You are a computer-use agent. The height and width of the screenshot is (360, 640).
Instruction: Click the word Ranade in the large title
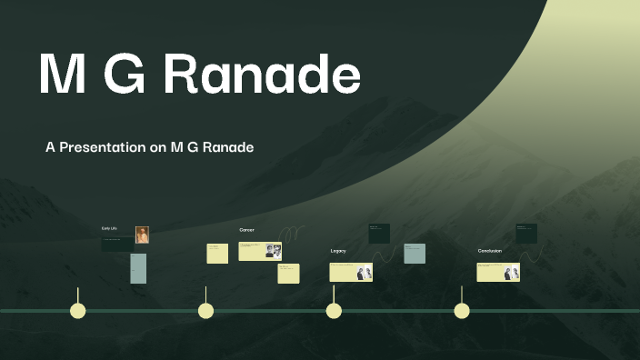coord(261,74)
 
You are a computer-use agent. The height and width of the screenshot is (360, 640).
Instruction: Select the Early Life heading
coord(110,227)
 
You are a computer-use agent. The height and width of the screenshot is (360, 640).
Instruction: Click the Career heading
coord(246,230)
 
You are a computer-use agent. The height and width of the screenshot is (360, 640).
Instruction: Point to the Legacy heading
coord(338,250)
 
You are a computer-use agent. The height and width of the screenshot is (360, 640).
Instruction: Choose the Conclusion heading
coord(490,250)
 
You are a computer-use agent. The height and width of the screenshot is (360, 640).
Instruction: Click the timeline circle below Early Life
coord(78,311)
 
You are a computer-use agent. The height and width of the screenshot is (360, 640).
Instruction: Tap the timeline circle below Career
coord(206,311)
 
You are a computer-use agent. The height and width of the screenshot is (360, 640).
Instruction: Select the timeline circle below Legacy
coord(334,311)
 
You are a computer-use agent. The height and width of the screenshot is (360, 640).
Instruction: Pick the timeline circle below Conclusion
coord(462,311)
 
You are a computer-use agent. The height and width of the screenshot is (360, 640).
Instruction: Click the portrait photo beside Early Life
coord(142,235)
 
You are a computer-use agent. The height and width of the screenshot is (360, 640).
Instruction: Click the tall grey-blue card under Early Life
coord(138,268)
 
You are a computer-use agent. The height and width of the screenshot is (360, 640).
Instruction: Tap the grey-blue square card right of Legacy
coord(415,254)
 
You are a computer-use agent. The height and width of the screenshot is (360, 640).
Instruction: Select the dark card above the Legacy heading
coord(379,233)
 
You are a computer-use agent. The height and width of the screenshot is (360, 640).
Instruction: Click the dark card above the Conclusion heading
coord(526,233)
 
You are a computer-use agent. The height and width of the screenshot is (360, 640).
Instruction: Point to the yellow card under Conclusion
coord(498,273)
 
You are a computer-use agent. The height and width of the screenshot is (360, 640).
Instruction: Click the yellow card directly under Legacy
coord(351,272)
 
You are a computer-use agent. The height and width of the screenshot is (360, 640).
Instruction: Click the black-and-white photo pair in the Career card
coord(273,250)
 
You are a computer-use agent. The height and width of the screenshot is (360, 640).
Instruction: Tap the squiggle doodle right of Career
coord(293,238)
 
